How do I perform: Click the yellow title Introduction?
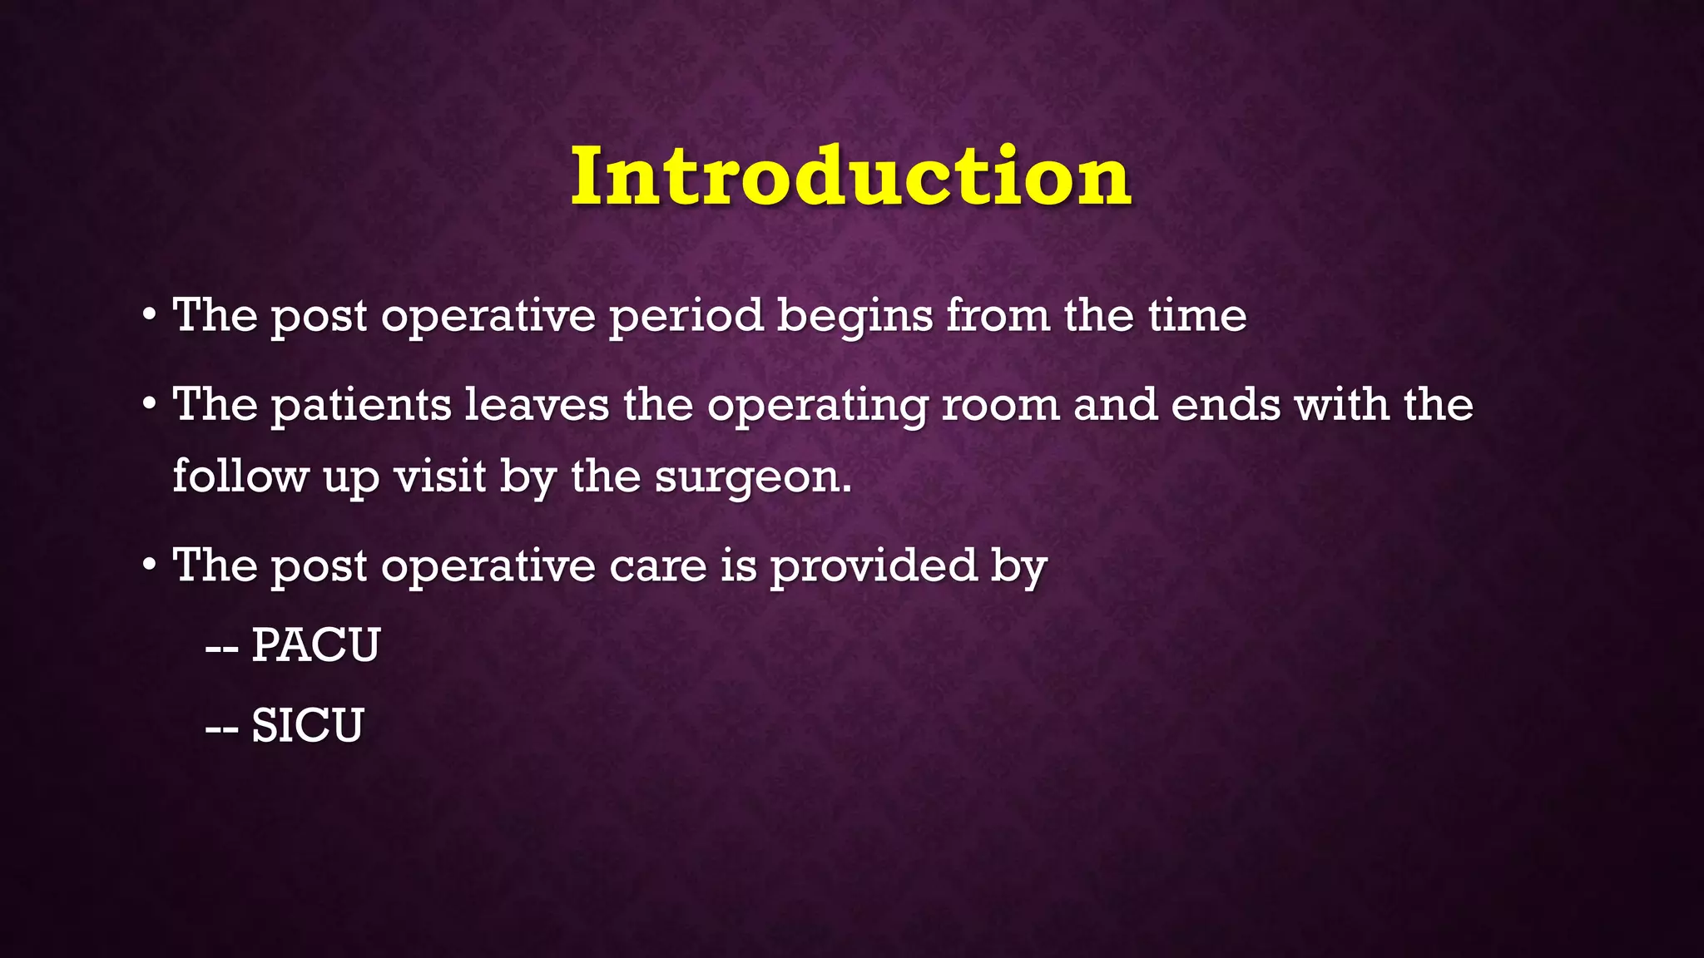(850, 176)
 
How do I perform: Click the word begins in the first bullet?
(854, 317)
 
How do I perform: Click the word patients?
(361, 406)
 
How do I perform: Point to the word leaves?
(537, 405)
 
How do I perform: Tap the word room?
(1000, 406)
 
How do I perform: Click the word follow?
(240, 477)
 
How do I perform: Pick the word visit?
(440, 477)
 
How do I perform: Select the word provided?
(873, 566)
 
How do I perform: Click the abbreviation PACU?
(315, 645)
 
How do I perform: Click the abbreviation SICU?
(307, 725)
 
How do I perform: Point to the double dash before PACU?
(222, 648)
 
